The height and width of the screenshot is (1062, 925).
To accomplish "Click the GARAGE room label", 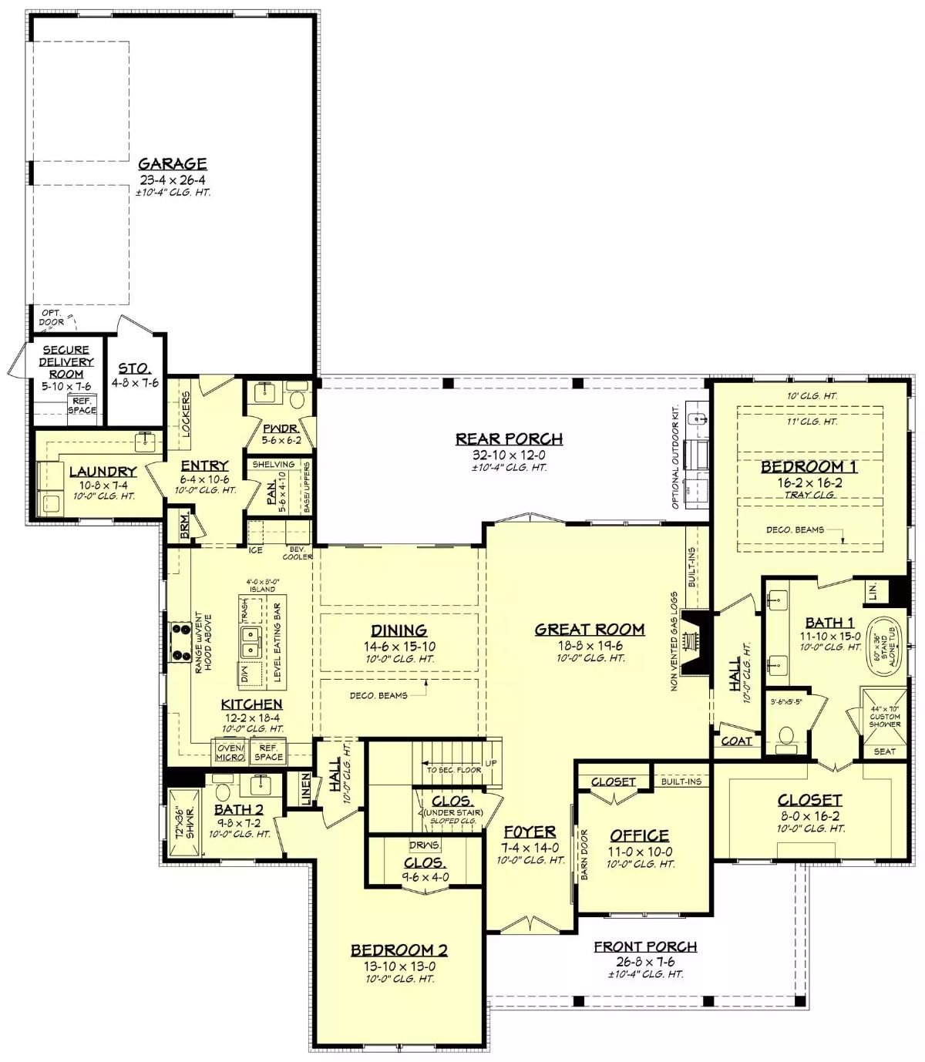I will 173,163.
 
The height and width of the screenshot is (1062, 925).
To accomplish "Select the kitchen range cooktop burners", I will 182,641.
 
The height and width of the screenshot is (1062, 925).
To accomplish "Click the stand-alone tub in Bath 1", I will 883,641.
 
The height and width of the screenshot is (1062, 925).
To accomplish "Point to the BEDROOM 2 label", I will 399,950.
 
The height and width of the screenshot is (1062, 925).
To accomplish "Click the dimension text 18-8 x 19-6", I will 590,645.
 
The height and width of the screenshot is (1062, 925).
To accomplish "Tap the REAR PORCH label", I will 509,439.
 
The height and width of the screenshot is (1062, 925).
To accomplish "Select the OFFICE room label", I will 639,835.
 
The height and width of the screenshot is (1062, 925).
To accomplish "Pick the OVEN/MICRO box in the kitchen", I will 230,752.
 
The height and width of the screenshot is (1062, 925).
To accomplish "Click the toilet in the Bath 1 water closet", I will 786,737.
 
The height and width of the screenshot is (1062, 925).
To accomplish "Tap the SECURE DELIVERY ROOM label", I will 66,361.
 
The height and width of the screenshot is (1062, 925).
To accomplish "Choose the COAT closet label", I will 736,741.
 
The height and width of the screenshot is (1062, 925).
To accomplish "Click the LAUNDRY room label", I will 103,472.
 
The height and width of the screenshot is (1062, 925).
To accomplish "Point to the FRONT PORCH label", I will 645,946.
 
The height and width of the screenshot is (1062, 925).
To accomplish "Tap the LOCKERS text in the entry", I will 186,415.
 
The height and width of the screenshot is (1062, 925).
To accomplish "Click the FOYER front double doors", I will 530,926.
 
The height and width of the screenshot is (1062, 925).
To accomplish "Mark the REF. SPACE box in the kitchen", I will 268,752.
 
